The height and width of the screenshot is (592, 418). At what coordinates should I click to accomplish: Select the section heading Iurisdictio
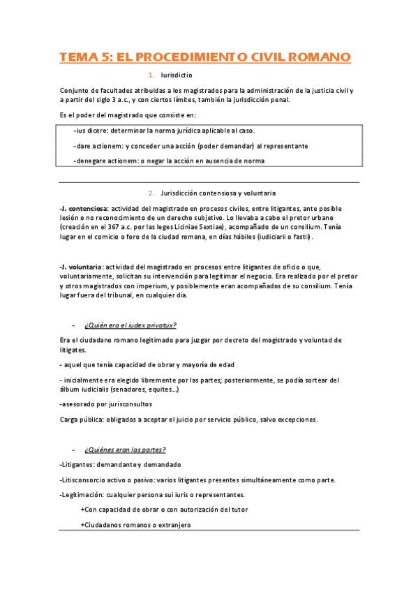(176, 75)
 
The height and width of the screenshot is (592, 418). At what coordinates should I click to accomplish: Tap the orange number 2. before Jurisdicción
(151, 193)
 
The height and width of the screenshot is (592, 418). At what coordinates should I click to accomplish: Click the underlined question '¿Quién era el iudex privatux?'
(130, 325)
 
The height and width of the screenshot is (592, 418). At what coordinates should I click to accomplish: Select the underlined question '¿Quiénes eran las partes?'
(125, 449)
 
